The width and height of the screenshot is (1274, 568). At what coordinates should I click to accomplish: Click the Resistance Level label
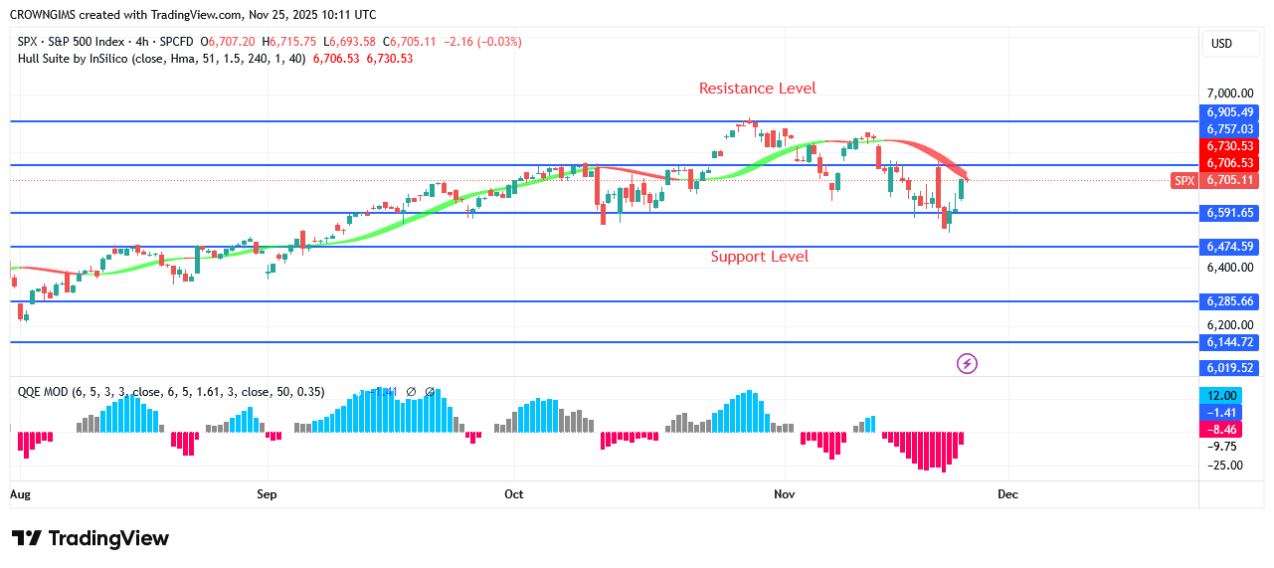[x=757, y=89]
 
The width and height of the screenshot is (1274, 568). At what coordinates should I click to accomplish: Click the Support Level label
[x=759, y=257]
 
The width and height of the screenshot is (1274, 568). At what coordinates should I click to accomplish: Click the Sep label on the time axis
[x=267, y=493]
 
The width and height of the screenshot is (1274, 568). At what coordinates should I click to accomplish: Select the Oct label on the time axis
[x=513, y=493]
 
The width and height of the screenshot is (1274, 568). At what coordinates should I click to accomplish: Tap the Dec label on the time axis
[x=1008, y=493]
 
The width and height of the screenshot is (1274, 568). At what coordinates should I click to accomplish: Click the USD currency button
[x=1220, y=44]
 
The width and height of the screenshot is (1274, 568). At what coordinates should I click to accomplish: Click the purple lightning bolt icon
[x=967, y=364]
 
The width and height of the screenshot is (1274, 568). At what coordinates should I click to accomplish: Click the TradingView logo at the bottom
[x=91, y=538]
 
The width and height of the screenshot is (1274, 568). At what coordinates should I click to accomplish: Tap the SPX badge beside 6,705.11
[x=1183, y=180]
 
